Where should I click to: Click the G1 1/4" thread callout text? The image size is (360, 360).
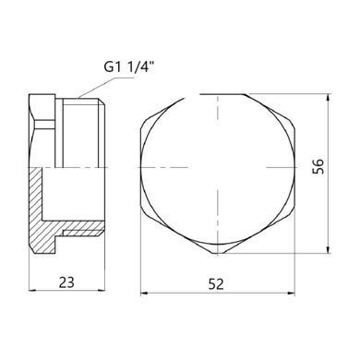pyautogui.click(x=128, y=67)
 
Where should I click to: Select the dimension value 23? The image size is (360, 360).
pyautogui.click(x=66, y=282)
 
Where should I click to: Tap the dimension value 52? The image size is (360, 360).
pyautogui.click(x=216, y=284)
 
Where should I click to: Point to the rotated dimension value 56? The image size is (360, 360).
pyautogui.click(x=318, y=166)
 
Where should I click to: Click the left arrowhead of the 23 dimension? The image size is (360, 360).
pyautogui.click(x=32, y=290)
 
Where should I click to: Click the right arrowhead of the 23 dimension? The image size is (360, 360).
pyautogui.click(x=102, y=290)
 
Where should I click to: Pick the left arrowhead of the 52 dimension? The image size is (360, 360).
pyautogui.click(x=144, y=294)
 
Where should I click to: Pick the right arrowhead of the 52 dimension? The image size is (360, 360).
pyautogui.click(x=291, y=294)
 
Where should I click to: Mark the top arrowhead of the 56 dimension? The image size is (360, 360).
pyautogui.click(x=329, y=98)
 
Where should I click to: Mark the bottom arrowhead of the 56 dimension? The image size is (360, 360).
pyautogui.click(x=329, y=249)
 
